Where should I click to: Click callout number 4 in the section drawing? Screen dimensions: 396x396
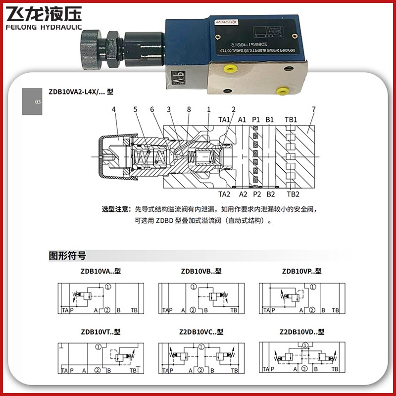(113, 109)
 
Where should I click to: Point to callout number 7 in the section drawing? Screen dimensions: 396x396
(313, 109)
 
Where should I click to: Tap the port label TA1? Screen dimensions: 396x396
(225, 120)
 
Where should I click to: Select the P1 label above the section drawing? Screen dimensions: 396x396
(256, 120)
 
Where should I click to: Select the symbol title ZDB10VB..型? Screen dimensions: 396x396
(201, 271)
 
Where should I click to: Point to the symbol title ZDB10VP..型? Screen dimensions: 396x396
(301, 271)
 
